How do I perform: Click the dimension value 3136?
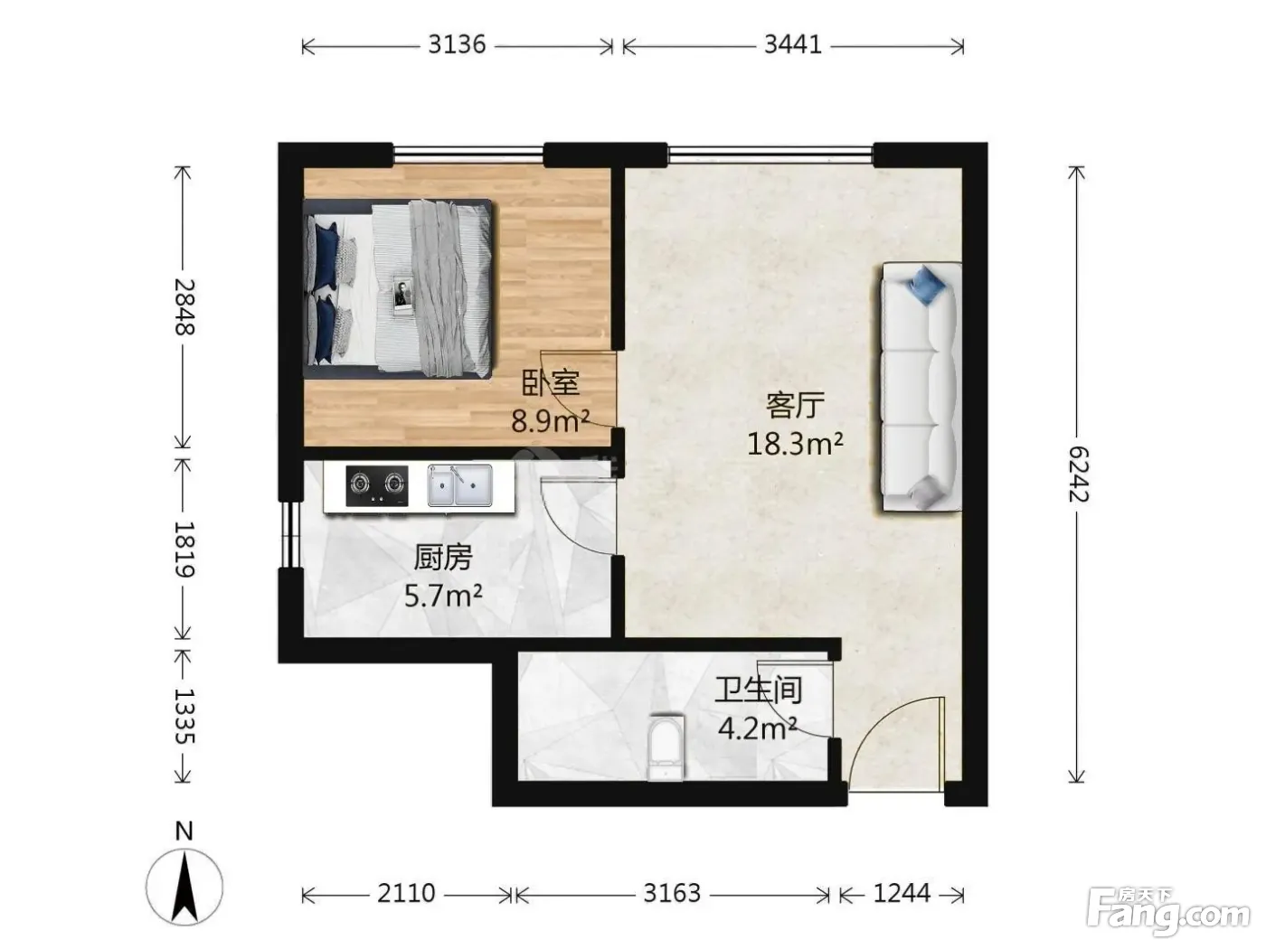tap(457, 44)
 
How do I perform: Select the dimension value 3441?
tap(793, 44)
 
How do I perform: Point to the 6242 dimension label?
tap(1077, 474)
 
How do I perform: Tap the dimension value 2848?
tap(184, 307)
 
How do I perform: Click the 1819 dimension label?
tap(184, 550)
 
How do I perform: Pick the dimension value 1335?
tap(184, 716)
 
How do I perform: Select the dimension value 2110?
tap(406, 894)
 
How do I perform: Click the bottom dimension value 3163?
tap(672, 894)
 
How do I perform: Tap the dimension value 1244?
tap(902, 894)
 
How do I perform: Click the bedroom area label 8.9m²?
tap(550, 420)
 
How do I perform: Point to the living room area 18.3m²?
tap(795, 443)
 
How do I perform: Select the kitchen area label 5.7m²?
tap(443, 596)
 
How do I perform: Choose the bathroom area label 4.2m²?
tap(757, 728)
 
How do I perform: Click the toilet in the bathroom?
tap(666, 747)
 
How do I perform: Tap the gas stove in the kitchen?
tap(376, 485)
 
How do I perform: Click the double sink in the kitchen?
tap(459, 485)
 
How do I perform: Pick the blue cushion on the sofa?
tap(926, 285)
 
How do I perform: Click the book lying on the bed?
tap(402, 296)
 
